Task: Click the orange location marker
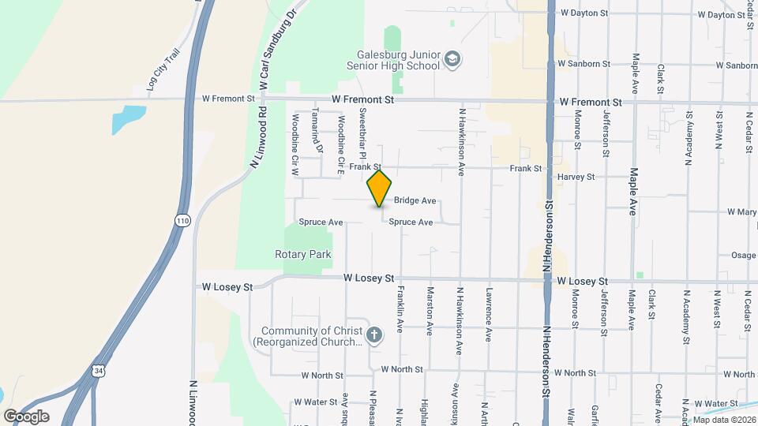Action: pyautogui.click(x=379, y=188)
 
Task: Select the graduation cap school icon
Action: pyautogui.click(x=452, y=59)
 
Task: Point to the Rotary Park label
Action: pyautogui.click(x=303, y=254)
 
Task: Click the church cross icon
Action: pyautogui.click(x=374, y=335)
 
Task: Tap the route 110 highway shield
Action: pyautogui.click(x=183, y=220)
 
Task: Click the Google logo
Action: pyautogui.click(x=26, y=416)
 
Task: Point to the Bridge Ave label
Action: pyautogui.click(x=415, y=201)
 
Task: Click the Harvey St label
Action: pyautogui.click(x=576, y=177)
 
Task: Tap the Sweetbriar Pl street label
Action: pyautogui.click(x=364, y=131)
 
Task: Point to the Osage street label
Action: pyautogui.click(x=743, y=256)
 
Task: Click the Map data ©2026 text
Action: pyautogui.click(x=724, y=420)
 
